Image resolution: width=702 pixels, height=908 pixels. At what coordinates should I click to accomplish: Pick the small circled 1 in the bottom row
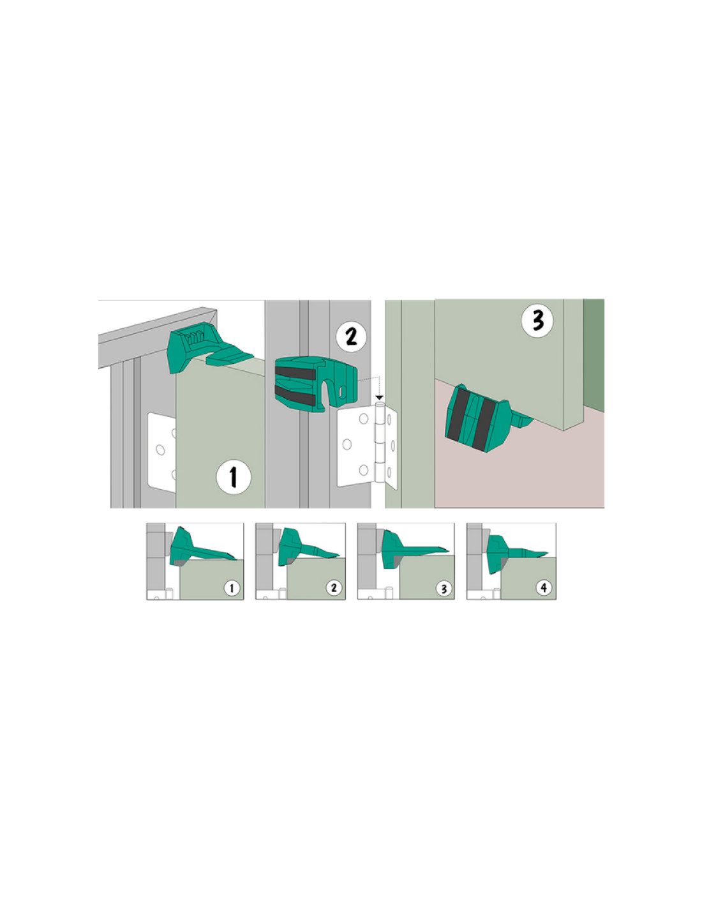click(x=232, y=588)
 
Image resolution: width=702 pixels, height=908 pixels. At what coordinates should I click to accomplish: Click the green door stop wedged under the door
click(x=484, y=419)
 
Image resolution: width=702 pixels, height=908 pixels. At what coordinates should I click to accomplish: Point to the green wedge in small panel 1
click(x=200, y=547)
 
